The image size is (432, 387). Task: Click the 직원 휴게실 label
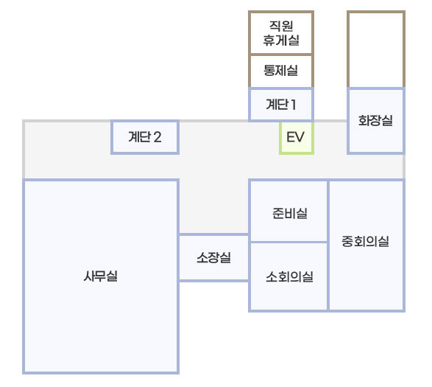(x=281, y=33)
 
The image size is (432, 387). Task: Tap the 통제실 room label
(x=280, y=70)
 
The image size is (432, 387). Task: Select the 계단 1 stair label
(x=281, y=105)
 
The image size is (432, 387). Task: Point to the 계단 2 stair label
(x=145, y=137)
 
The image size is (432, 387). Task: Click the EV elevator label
(x=295, y=137)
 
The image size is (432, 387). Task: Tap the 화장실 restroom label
(x=375, y=120)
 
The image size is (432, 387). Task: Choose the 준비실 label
(x=290, y=213)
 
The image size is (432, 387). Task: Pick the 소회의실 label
(x=289, y=276)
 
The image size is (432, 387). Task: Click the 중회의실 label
(x=365, y=241)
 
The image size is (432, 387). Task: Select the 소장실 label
(x=214, y=257)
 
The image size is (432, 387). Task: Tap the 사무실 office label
(x=101, y=276)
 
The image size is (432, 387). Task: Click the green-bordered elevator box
(x=297, y=137)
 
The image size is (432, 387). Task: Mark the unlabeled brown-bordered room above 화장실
(x=376, y=49)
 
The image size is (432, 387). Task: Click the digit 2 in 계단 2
(x=157, y=137)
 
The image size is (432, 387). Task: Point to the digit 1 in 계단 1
(x=293, y=105)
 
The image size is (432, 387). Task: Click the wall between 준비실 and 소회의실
(x=288, y=242)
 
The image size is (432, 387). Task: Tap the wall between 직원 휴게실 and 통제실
(x=281, y=54)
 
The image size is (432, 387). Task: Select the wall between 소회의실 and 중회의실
(x=328, y=276)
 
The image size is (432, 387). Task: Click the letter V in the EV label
(x=300, y=137)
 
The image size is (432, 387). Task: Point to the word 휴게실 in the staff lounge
(x=281, y=40)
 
